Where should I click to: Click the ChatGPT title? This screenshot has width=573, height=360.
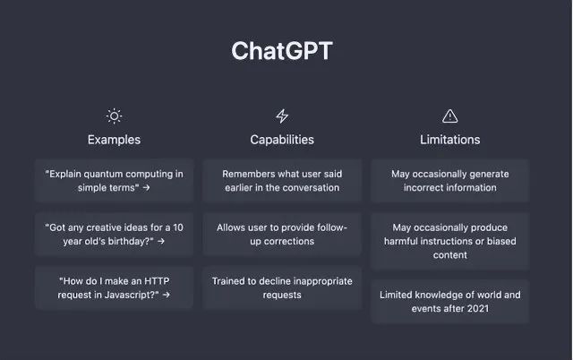click(x=281, y=51)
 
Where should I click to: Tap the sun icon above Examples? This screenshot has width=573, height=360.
click(x=114, y=116)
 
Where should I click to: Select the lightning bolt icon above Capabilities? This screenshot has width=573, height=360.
click(x=282, y=116)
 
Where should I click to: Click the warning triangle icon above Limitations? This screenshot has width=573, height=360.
click(x=450, y=116)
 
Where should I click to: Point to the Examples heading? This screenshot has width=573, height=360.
click(x=114, y=140)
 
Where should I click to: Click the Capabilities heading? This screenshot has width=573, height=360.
click(x=282, y=140)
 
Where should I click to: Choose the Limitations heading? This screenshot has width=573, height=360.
click(x=450, y=140)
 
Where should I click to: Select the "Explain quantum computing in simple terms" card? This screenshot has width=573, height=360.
click(x=114, y=181)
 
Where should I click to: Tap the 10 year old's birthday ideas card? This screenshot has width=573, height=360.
click(x=114, y=235)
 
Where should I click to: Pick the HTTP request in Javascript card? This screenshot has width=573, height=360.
click(x=114, y=287)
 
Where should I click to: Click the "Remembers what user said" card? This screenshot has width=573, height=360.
click(x=282, y=181)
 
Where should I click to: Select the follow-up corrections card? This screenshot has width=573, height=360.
click(x=282, y=235)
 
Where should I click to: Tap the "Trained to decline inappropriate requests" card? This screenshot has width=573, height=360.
click(x=282, y=287)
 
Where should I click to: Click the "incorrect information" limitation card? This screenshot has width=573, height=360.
click(x=450, y=181)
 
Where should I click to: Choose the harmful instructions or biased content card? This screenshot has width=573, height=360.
click(x=450, y=242)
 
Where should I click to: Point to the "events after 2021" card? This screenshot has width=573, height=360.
click(x=450, y=302)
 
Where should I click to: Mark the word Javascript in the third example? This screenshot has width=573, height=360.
click(x=128, y=295)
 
